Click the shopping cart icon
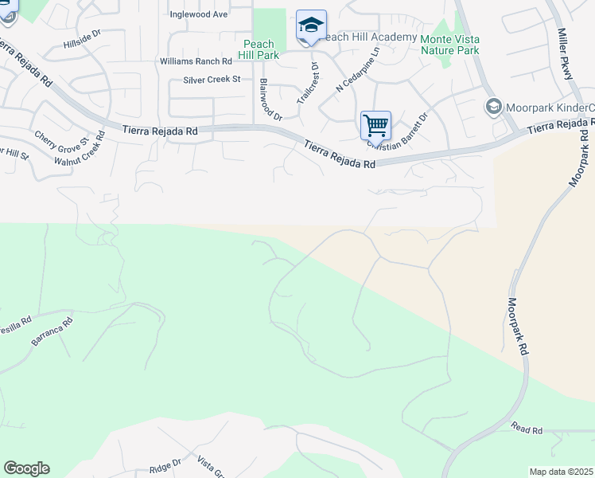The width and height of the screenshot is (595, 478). (x=375, y=125)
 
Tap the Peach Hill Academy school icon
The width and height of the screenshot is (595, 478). (x=311, y=25)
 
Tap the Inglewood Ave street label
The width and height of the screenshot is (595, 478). (x=199, y=14)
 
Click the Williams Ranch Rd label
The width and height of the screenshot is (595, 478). (x=195, y=61)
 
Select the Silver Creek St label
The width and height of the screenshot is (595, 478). (x=212, y=80)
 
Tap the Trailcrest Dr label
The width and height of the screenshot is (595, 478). (x=308, y=83)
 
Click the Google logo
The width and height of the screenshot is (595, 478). (x=26, y=468)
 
